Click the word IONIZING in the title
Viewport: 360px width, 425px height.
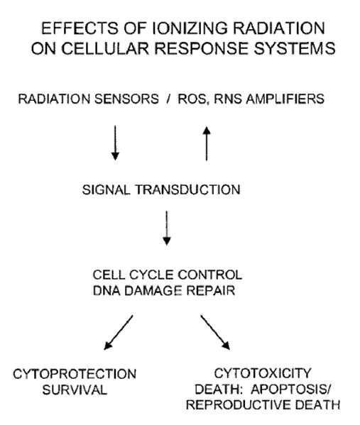[190, 28]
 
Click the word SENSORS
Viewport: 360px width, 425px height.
[126, 99]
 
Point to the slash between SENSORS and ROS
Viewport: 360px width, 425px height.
[168, 99]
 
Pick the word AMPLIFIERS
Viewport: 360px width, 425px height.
[285, 99]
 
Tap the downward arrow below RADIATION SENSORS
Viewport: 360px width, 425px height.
[115, 143]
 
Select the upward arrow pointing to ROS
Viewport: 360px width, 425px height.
[207, 143]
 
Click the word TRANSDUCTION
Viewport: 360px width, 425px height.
[187, 189]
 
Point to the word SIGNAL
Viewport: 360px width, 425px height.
[106, 189]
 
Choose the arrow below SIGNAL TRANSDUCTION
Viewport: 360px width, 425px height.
[167, 228]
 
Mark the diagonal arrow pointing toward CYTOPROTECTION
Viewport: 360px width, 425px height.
[119, 332]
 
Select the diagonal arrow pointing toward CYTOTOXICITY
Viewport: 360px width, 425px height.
[215, 332]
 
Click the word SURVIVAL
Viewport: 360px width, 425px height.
[75, 390]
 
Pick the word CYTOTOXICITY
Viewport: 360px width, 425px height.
[263, 373]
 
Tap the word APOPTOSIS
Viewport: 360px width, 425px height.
[291, 390]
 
